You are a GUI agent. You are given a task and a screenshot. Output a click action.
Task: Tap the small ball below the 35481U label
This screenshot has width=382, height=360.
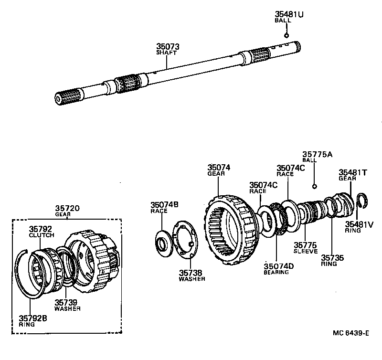[286, 35]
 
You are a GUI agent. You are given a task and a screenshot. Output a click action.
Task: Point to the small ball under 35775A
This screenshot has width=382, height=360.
[314, 186]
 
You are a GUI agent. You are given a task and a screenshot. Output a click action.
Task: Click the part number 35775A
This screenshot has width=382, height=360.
[317, 154]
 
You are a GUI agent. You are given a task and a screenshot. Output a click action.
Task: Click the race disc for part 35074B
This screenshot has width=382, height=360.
[164, 241]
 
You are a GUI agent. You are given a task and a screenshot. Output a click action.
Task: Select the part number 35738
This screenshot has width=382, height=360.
[191, 273]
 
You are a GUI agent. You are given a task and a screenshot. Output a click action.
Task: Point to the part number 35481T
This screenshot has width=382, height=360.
[352, 172]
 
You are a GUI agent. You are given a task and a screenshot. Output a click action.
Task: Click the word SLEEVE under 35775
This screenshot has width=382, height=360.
[306, 251]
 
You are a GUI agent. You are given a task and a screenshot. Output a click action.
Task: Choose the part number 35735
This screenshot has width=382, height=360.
[332, 257]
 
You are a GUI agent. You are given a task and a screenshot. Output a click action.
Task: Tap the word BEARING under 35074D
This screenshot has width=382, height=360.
[276, 272]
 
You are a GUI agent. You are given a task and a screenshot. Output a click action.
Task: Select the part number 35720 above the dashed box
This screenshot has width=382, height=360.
[67, 209]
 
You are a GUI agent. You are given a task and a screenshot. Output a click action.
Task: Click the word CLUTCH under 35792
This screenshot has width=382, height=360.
[42, 235]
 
